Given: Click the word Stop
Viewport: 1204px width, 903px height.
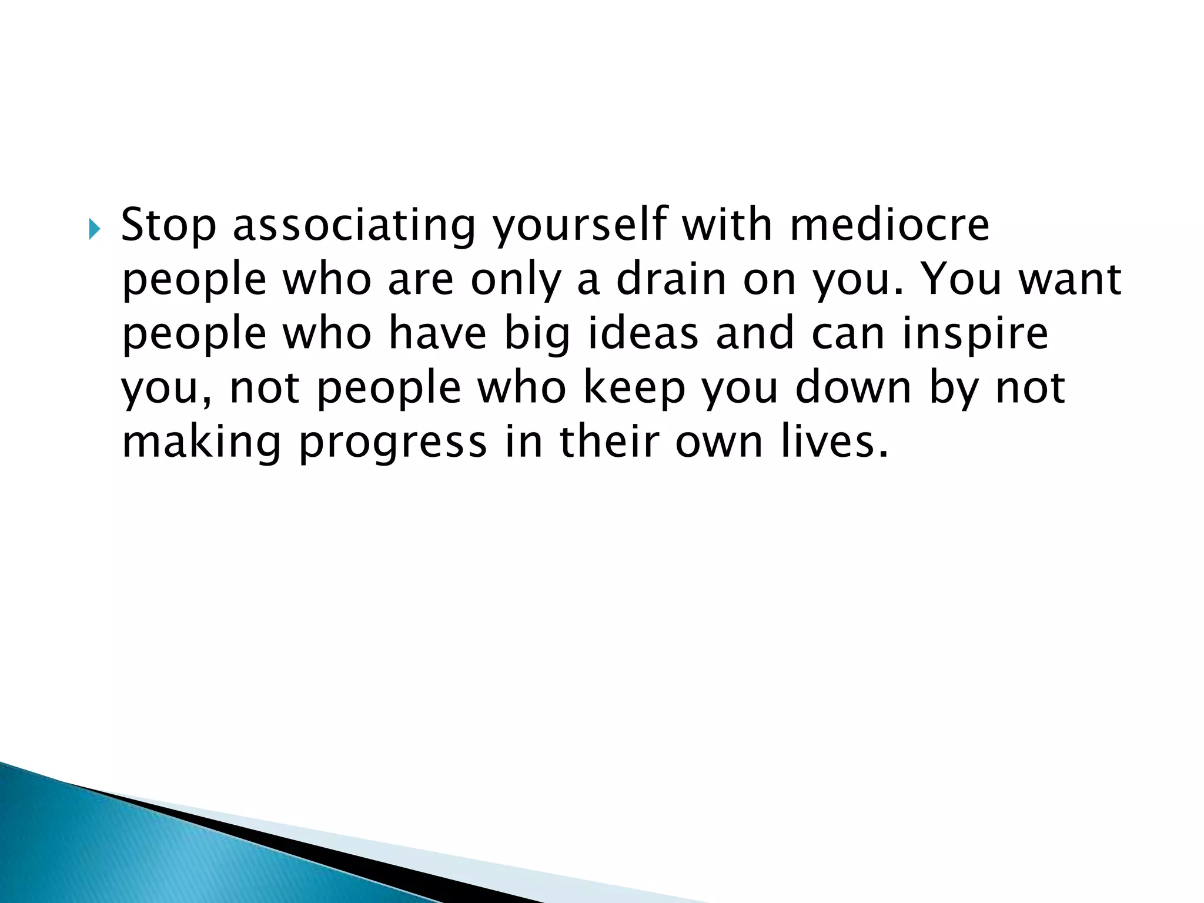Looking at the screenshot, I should pyautogui.click(x=169, y=226).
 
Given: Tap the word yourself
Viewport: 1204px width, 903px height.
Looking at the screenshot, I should pyautogui.click(x=580, y=226).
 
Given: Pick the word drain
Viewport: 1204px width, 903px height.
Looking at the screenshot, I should pyautogui.click(x=671, y=279).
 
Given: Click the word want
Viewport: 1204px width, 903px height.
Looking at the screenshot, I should pyautogui.click(x=1071, y=279).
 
